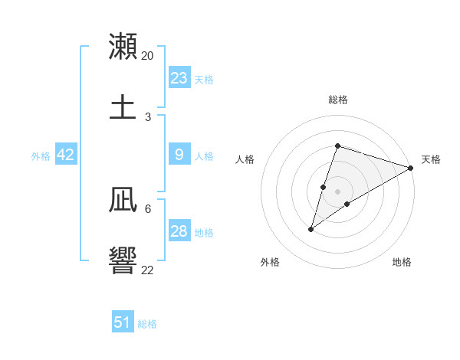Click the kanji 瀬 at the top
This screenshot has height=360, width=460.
pos(123,45)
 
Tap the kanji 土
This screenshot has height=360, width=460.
pos(123,106)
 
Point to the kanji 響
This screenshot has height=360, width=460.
pos(123,261)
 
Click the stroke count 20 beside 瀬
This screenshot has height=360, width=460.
pos(148,56)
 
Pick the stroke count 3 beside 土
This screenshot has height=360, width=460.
pos(148,116)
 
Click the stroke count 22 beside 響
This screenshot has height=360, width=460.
pos(148,270)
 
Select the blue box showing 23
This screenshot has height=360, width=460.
pos(179,78)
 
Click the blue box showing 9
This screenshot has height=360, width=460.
pos(179,155)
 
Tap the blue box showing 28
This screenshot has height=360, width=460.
pos(179,231)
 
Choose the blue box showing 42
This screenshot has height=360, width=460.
pos(65,155)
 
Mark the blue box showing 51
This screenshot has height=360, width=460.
pos(123,322)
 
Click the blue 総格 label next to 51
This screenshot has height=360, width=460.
pos(147,324)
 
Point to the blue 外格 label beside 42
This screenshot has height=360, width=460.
pos(41,156)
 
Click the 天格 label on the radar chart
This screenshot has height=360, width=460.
pos(431,159)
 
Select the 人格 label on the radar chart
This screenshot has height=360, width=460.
pos(245,159)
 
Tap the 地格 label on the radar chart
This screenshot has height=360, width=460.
pos(402,262)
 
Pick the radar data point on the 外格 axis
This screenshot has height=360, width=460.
pos(311,228)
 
